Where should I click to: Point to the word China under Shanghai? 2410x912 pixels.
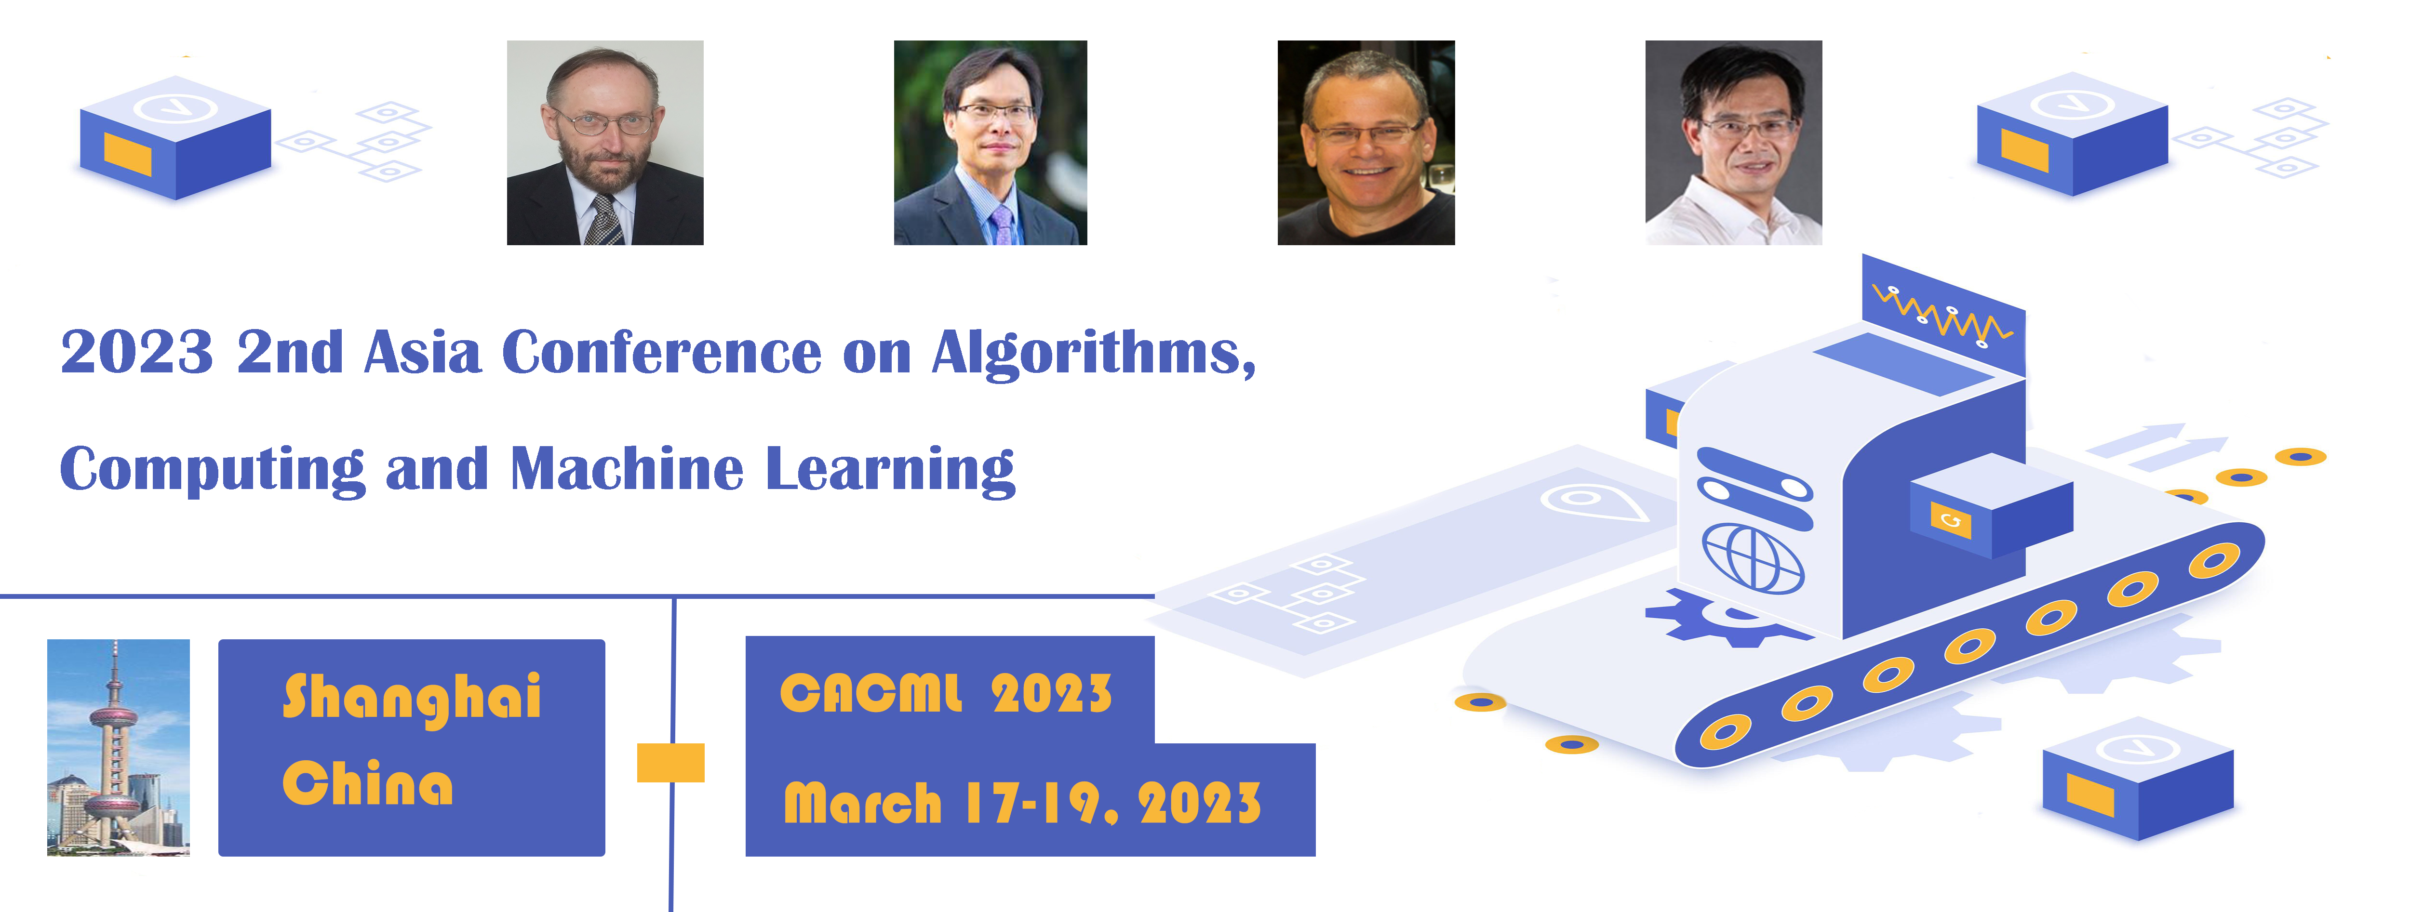[x=368, y=784]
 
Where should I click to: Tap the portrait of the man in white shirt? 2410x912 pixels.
[x=1734, y=142]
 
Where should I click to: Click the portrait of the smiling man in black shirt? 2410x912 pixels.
[x=1366, y=142]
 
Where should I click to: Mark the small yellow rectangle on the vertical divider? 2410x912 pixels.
[x=671, y=762]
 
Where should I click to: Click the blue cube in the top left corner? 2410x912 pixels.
[x=176, y=137]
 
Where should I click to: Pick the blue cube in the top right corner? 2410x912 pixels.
[x=2072, y=134]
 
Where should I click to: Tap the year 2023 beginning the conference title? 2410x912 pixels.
[x=136, y=353]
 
